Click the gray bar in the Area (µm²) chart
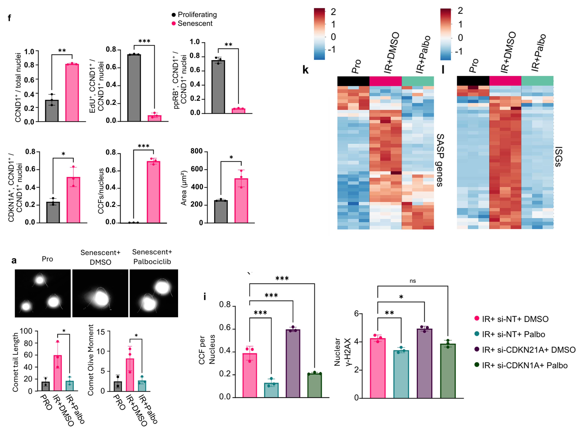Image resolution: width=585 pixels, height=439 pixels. (221, 212)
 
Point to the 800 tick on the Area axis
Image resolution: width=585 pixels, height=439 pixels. (197, 151)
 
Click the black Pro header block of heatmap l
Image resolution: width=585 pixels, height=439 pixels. (473, 81)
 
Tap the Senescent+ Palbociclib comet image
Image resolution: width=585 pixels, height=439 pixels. (154, 293)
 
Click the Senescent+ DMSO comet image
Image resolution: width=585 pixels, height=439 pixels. (100, 293)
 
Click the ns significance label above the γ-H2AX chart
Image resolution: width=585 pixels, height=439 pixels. (413, 281)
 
